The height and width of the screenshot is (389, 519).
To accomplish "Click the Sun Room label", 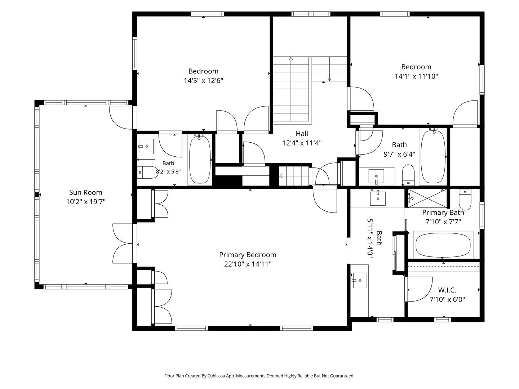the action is (85, 192).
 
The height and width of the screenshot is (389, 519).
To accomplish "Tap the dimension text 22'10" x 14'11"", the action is (248, 264).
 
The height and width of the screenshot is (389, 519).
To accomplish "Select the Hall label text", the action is (302, 134).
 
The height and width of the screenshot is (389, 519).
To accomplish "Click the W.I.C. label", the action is (447, 290).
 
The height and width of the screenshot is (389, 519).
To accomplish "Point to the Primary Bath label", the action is (443, 213).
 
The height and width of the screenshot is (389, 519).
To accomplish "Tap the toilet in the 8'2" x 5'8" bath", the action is (148, 172).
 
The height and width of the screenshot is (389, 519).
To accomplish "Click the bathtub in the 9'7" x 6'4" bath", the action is (433, 156).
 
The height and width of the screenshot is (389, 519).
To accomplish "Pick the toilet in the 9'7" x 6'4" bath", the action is (408, 175).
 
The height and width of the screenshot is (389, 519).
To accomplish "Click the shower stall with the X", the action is (427, 198).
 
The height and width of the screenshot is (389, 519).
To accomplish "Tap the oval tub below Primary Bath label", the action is (443, 245).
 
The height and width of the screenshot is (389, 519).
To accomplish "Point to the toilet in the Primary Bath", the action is (465, 200).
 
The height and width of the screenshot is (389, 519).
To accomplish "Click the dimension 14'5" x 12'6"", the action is (204, 81).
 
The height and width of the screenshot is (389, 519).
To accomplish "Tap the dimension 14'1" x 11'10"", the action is (416, 76).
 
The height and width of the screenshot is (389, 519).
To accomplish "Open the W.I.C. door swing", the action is (419, 289).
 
